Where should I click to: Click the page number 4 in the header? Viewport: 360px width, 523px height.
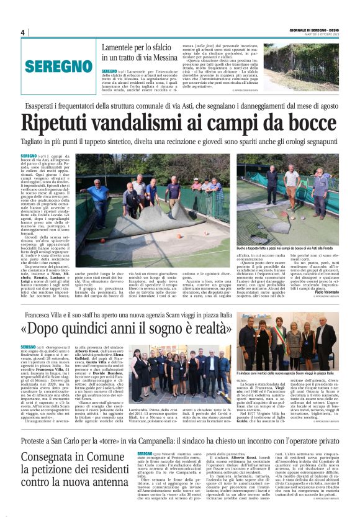[22, 32]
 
